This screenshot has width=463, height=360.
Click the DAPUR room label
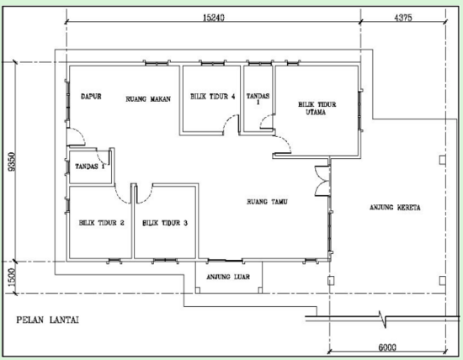tap(91, 98)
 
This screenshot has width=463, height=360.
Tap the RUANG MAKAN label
tap(148, 98)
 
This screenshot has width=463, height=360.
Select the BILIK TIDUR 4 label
tap(211, 98)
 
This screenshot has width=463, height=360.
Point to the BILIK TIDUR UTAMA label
tap(317, 107)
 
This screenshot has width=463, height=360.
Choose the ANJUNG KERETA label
tap(395, 207)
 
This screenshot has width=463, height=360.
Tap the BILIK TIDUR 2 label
tap(101, 223)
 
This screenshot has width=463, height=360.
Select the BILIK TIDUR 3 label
tap(164, 223)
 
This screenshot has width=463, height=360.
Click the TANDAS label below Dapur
tap(88, 166)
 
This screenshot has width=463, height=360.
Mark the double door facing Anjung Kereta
tap(320, 181)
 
